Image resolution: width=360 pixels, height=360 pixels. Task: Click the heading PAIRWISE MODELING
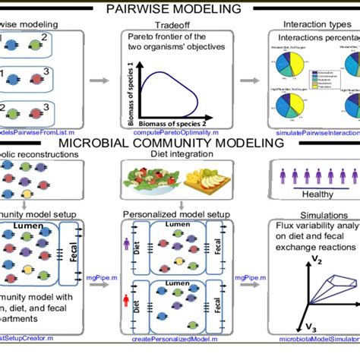179,10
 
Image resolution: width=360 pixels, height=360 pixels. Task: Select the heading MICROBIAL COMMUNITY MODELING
179,143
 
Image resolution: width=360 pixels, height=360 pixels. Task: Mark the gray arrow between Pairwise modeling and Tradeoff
98,78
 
